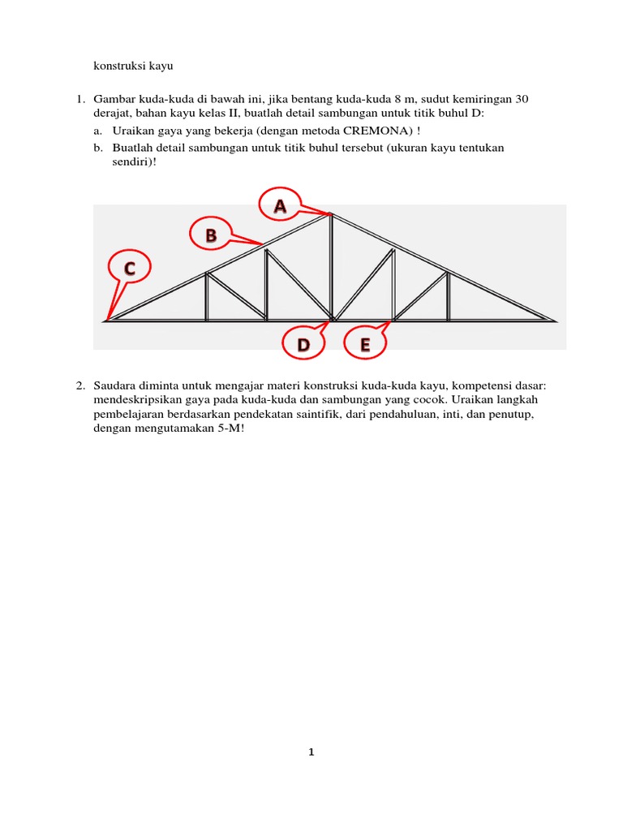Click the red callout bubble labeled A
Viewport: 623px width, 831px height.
pos(280,206)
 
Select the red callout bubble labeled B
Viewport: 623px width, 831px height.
pos(211,236)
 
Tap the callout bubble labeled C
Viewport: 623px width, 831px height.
pos(129,267)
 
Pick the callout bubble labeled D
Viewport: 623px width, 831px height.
pos(303,345)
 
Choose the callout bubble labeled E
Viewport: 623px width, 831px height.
pos(365,345)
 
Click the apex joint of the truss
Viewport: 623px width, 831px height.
pos(330,213)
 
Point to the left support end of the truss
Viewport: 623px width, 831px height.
pos(108,321)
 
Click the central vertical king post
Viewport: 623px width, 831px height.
pos(331,268)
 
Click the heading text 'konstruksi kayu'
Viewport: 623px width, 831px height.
pos(133,65)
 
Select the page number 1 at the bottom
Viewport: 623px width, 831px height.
pos(311,752)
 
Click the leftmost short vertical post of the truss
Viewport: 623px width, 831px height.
pos(207,296)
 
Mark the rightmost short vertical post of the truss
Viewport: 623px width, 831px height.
pos(448,296)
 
